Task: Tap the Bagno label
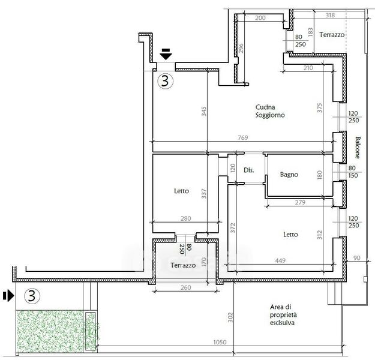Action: [290, 175]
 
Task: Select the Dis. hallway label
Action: [248, 170]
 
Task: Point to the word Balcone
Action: [358, 148]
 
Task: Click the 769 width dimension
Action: [243, 137]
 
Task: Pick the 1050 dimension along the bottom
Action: [220, 343]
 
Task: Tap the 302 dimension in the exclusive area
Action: [230, 316]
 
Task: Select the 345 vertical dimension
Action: [203, 111]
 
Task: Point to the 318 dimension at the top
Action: [329, 16]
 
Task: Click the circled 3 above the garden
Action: [33, 296]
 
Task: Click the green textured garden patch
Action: [49, 329]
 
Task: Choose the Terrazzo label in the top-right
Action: [332, 35]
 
